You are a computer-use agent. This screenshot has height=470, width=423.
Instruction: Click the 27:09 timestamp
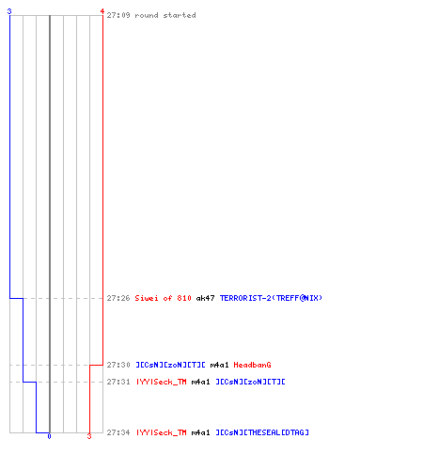118,15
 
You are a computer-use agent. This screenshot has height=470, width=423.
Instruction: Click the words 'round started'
165,15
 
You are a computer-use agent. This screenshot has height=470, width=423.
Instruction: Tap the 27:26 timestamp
118,298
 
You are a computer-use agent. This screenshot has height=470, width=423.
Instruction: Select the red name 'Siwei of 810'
163,298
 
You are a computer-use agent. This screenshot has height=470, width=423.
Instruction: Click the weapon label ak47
205,298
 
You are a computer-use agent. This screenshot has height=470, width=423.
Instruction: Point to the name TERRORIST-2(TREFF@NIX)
271,298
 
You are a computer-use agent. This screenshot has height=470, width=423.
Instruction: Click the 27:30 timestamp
118,365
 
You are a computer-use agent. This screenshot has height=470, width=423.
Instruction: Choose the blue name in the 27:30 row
170,365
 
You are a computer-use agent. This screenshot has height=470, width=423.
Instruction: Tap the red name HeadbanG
252,365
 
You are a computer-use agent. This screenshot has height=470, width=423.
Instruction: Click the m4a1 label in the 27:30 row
219,365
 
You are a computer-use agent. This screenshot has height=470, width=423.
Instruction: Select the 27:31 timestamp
118,382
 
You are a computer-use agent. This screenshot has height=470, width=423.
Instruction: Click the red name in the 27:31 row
161,382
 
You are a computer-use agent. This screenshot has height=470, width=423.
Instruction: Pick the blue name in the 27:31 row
250,382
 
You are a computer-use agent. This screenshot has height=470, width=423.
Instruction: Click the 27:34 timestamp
118,432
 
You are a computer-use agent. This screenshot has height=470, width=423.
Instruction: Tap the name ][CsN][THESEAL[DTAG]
262,432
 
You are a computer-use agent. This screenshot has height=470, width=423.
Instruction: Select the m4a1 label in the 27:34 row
200,432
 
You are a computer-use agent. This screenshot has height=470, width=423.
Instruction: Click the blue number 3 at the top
9,11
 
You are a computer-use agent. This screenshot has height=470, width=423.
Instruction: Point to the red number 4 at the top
102,11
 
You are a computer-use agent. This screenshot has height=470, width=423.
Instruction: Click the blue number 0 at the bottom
49,436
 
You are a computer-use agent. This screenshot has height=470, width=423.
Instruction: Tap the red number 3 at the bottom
89,436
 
